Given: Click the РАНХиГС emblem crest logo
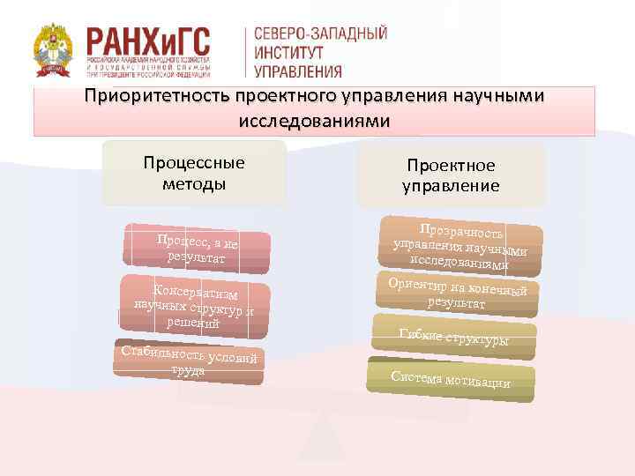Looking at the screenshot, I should click(55, 51).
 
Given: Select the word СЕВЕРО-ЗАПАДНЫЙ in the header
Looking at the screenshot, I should click(320, 33).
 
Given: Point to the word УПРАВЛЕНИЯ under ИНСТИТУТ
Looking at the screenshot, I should click(298, 71).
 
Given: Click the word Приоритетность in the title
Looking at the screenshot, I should click(157, 95).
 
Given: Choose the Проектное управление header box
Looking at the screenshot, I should click(451, 175).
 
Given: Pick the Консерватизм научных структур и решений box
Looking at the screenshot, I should click(195, 306).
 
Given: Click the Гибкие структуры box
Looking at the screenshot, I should click(454, 337).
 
